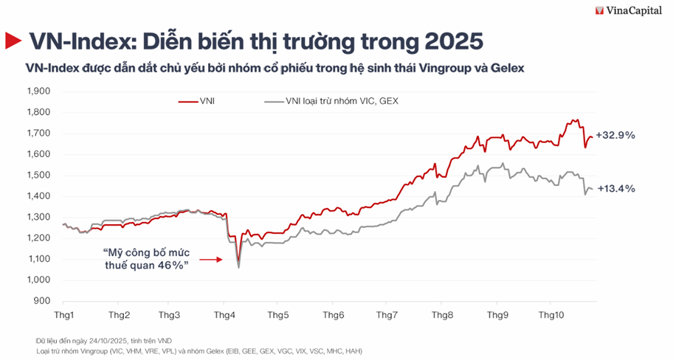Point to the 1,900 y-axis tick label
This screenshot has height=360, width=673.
(38, 91)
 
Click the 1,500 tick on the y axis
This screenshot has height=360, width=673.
(38, 176)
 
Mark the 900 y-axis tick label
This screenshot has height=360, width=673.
(42, 301)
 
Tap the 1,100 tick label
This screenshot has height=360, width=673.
(38, 259)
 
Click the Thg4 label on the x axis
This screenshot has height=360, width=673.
(224, 315)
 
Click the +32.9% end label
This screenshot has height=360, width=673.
(616, 136)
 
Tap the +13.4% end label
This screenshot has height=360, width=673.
(616, 189)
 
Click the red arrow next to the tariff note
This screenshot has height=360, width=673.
(211, 260)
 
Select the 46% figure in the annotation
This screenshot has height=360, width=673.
(168, 266)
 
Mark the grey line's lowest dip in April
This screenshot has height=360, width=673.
(238, 267)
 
